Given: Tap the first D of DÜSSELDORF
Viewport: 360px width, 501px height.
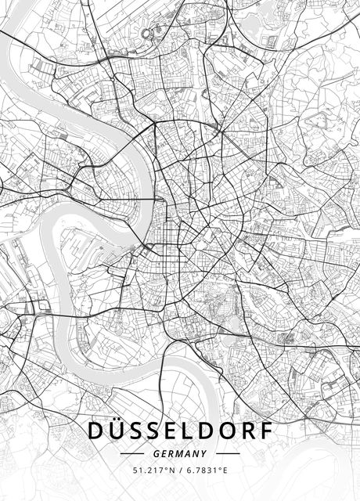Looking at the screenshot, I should [x=96, y=431].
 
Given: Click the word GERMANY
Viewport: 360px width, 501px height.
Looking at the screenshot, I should [x=180, y=453].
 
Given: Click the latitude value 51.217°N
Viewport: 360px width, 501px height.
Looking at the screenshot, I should [x=151, y=470].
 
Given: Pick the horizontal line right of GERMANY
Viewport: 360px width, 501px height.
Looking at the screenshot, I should [x=227, y=453].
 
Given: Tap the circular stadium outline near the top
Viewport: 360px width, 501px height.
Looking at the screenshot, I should [x=148, y=34].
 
